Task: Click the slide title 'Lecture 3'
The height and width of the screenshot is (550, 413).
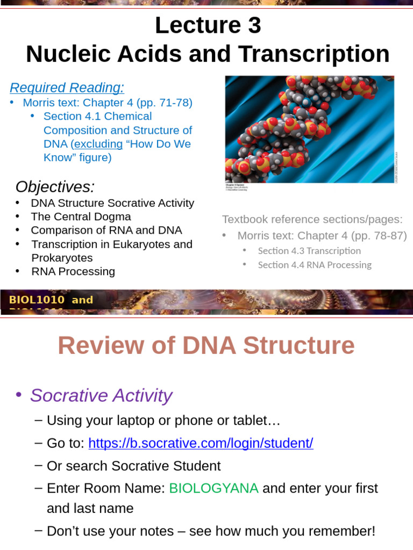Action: (x=208, y=26)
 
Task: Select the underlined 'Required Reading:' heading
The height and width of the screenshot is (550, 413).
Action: (x=67, y=88)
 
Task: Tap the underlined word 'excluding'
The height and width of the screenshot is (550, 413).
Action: (x=98, y=144)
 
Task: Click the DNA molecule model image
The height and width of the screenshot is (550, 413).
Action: (x=309, y=129)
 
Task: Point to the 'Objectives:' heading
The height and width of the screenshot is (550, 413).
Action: (x=55, y=187)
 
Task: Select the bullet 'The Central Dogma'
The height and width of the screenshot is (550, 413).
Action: (x=81, y=216)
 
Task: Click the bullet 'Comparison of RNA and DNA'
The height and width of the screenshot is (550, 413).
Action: (x=106, y=230)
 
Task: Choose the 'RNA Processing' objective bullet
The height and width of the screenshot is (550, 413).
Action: (x=73, y=271)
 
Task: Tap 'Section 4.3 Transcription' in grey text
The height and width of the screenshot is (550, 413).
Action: (x=309, y=251)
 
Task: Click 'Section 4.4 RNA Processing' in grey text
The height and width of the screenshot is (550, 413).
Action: (x=315, y=265)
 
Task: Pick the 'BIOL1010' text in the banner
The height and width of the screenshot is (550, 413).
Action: (x=37, y=300)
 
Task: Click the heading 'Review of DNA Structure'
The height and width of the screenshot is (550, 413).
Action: (x=206, y=346)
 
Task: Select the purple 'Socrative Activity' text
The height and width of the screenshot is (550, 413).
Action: (x=101, y=395)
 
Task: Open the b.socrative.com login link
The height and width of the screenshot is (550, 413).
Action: (x=201, y=444)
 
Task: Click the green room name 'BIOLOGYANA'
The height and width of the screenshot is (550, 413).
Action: (x=213, y=488)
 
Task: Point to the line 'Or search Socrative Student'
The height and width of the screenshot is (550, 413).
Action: (x=133, y=466)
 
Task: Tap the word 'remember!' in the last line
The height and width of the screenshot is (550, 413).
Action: (x=343, y=531)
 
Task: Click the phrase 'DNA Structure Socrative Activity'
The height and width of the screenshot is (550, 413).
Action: (x=112, y=203)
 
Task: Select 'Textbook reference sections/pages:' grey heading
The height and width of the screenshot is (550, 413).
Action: (x=312, y=219)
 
